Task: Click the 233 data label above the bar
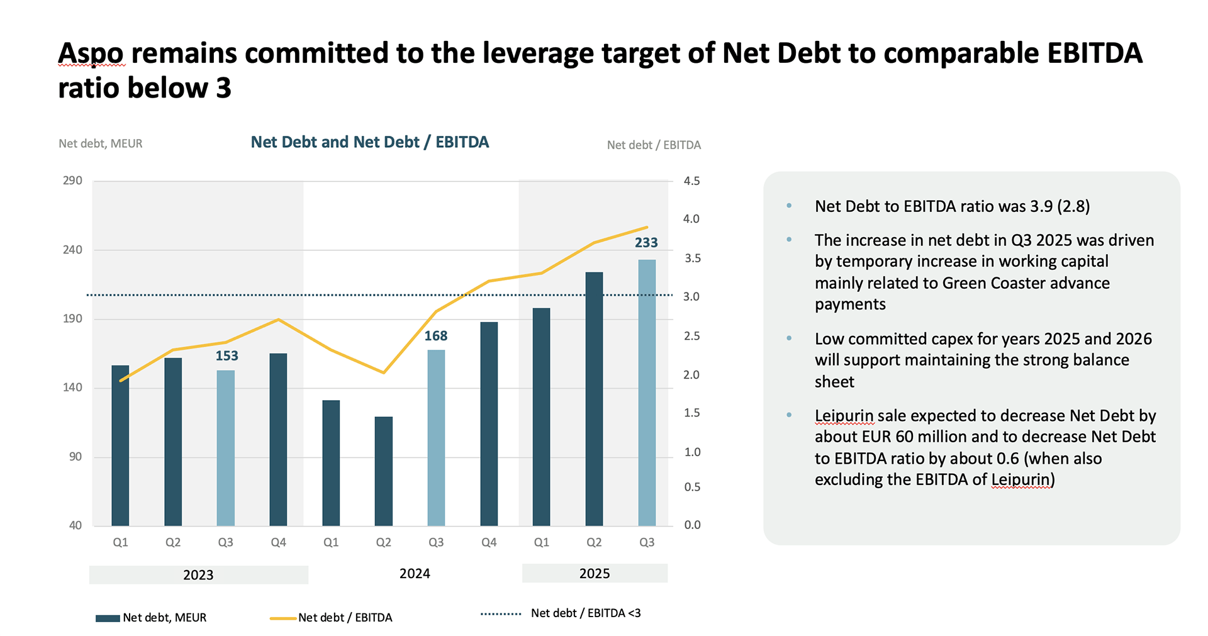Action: [x=646, y=243]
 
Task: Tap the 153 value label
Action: [x=226, y=356]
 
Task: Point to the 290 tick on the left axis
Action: [x=72, y=181]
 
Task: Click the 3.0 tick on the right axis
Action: [x=691, y=296]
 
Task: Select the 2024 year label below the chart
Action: [x=415, y=574]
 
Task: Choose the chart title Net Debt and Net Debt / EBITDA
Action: [x=369, y=142]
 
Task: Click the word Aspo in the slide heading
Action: [x=91, y=53]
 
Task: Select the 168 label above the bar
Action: [x=435, y=336]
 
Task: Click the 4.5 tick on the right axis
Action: [x=691, y=181]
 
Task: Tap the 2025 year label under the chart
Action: [x=594, y=574]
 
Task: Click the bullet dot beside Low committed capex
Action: [x=789, y=338]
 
